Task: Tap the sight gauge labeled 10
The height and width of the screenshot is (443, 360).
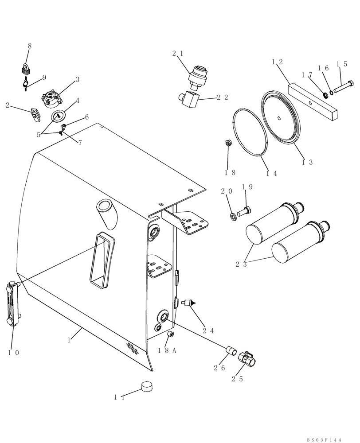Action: click(13, 303)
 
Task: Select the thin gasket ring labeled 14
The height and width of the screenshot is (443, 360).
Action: click(250, 132)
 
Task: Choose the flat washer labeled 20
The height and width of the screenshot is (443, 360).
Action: click(233, 216)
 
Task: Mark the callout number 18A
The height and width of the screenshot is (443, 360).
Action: click(167, 350)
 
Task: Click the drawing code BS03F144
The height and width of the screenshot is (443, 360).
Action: click(324, 440)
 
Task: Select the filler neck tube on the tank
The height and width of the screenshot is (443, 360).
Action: click(107, 211)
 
